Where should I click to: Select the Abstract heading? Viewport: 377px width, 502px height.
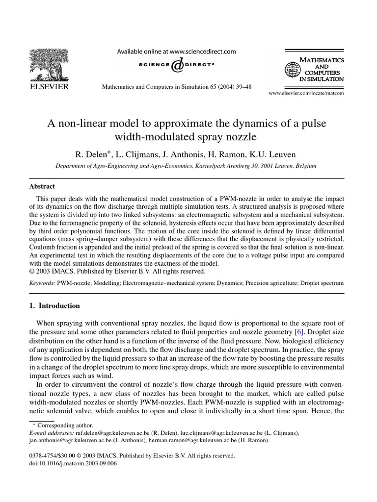tap(43, 186)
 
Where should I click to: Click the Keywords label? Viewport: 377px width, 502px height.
tap(42, 283)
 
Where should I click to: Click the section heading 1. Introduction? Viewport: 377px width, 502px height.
tap(55, 306)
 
